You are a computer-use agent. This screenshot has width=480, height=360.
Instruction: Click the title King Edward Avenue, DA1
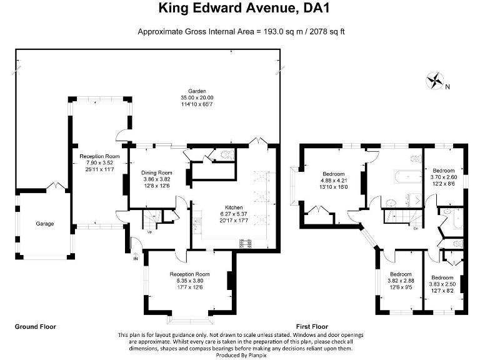[240, 8]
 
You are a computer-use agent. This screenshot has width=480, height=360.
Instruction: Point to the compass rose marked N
[434, 81]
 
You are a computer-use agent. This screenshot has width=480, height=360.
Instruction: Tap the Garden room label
[197, 91]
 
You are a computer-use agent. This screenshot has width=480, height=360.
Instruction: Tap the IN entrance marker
[136, 258]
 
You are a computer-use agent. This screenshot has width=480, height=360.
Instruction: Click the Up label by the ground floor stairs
[150, 232]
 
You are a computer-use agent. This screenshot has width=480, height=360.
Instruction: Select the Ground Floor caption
[35, 327]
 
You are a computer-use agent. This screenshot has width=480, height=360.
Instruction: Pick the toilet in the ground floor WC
[227, 154]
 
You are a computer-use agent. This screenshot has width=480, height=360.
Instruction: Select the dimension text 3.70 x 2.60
[444, 177]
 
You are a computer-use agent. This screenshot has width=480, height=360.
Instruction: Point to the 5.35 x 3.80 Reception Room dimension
[189, 281]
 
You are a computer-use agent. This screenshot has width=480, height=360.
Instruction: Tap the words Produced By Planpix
[241, 356]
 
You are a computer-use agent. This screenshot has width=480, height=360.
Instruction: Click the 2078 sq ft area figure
[326, 31]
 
